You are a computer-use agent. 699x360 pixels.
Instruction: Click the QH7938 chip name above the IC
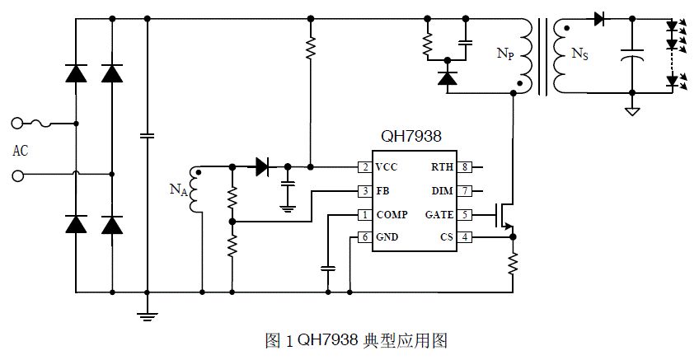[410, 136]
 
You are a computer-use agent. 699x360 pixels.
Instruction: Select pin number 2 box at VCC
[365, 167]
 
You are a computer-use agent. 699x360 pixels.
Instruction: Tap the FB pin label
[382, 191]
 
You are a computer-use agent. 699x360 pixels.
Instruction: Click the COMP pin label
[392, 215]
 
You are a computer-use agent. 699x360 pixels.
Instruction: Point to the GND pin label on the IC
[387, 237]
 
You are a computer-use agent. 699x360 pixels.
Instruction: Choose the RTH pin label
[442, 167]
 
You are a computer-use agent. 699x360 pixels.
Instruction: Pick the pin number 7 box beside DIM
[465, 191]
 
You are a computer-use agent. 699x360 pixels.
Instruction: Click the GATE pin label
[439, 215]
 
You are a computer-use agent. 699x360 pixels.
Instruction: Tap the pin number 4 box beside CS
[465, 237]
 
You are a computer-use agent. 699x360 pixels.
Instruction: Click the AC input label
[20, 151]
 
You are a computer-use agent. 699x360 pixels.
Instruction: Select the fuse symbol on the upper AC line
[39, 124]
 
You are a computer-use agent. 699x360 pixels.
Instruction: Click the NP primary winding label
[505, 54]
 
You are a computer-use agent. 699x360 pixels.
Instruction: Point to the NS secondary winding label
[580, 54]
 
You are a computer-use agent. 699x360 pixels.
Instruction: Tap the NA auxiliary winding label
[178, 189]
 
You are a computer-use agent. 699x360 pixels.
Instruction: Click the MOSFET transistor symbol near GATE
[504, 217]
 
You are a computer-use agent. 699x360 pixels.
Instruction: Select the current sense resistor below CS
[513, 263]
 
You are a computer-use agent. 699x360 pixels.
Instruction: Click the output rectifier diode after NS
[599, 19]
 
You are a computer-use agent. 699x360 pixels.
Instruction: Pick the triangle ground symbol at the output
[632, 111]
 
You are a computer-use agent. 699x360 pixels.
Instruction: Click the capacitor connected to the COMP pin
[328, 269]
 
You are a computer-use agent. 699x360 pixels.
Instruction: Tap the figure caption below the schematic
[356, 341]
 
